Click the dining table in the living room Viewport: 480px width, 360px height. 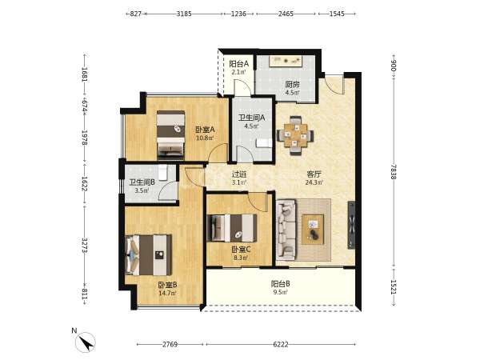pos(295,136)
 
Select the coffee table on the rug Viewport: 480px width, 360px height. pos(313,229)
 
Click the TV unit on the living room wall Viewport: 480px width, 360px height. pos(351,225)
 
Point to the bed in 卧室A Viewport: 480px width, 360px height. pos(171,135)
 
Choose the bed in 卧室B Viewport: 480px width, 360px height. pos(149,255)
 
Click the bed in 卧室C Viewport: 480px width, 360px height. pos(232,228)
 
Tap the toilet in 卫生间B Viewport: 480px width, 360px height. pos(163,173)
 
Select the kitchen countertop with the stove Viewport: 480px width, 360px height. pos(286,61)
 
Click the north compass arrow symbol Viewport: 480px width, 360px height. pos(86,342)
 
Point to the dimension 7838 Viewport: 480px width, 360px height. pos(394,172)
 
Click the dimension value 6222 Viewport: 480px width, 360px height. pos(281,344)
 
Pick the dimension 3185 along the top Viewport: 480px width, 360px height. pos(184,14)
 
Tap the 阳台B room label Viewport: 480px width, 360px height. pos(281,284)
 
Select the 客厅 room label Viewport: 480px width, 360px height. pos(314,174)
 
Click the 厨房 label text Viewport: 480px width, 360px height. pos(292,84)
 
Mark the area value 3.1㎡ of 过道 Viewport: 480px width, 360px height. pos(239,182)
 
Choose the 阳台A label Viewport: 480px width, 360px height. pos(238,64)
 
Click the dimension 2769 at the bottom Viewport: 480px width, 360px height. pos(170,344)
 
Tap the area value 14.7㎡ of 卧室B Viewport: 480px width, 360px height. pos(167,293)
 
